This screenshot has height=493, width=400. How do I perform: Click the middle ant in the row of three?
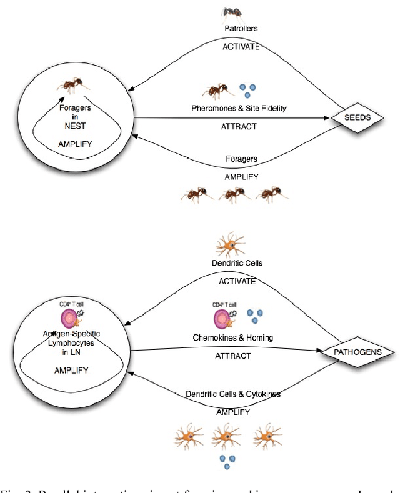click(x=232, y=194)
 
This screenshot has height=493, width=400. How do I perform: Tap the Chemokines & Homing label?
click(x=232, y=338)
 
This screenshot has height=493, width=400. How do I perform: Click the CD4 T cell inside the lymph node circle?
click(x=70, y=318)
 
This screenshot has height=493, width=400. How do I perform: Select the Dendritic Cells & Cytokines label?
click(x=232, y=394)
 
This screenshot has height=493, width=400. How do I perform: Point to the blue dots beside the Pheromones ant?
click(x=248, y=90)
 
